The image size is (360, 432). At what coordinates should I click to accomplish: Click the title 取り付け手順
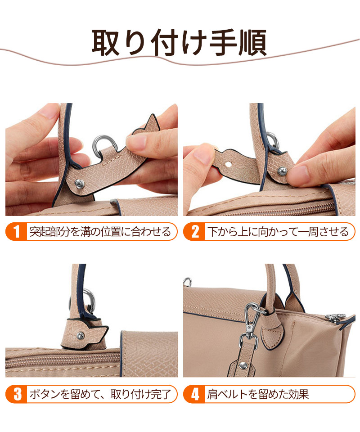tap(179, 43)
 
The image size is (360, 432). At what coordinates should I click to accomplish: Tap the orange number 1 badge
tap(17, 231)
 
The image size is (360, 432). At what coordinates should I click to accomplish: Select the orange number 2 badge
tap(194, 231)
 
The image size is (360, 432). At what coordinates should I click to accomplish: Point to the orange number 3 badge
tap(17, 394)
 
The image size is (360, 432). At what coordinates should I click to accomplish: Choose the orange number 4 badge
tap(194, 394)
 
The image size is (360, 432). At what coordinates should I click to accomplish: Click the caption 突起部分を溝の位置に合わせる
tap(100, 232)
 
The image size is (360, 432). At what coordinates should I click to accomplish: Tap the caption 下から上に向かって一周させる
tap(278, 232)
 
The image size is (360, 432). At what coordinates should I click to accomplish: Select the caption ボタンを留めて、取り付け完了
tap(100, 394)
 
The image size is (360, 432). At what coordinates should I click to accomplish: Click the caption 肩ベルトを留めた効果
tap(258, 394)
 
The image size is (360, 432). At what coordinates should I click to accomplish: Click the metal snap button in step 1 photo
tap(80, 183)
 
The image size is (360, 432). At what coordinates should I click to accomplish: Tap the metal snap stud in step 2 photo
tap(282, 171)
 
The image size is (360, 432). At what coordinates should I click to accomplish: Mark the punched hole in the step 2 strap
tap(228, 165)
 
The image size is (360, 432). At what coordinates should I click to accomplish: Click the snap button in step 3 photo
tap(81, 335)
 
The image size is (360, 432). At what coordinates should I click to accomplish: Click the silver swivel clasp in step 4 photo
tap(250, 325)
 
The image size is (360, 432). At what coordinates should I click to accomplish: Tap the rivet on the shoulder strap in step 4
tap(243, 365)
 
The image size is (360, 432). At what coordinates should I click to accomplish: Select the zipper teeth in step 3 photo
tap(63, 360)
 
